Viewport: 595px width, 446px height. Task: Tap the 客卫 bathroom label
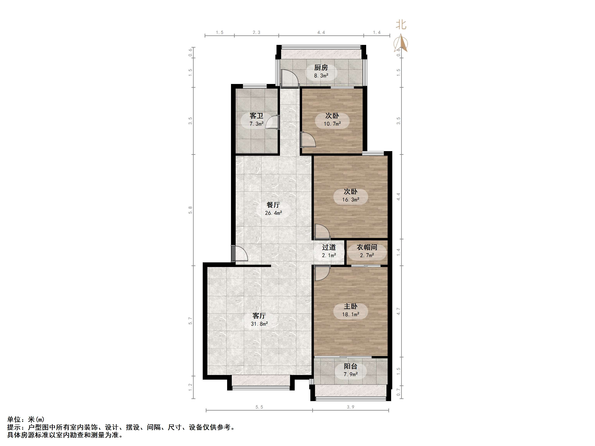coord(256,116)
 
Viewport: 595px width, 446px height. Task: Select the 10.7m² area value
coord(332,124)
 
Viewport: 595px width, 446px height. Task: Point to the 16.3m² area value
coord(350,200)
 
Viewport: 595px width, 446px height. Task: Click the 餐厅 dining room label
coord(273,205)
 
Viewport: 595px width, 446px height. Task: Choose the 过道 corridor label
coord(329,247)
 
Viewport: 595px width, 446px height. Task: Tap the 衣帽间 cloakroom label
coord(367,247)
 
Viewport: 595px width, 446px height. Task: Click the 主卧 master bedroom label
coord(350,306)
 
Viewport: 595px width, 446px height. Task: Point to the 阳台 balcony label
coord(350,366)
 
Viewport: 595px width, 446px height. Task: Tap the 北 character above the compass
coord(401,25)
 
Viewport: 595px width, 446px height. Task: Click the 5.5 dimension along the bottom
coord(259,407)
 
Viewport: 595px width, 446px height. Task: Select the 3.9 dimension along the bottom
coord(350,407)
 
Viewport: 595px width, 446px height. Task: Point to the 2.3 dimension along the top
coord(256,33)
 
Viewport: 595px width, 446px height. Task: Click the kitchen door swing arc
coord(290,78)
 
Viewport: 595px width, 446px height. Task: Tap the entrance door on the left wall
coord(239,253)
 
